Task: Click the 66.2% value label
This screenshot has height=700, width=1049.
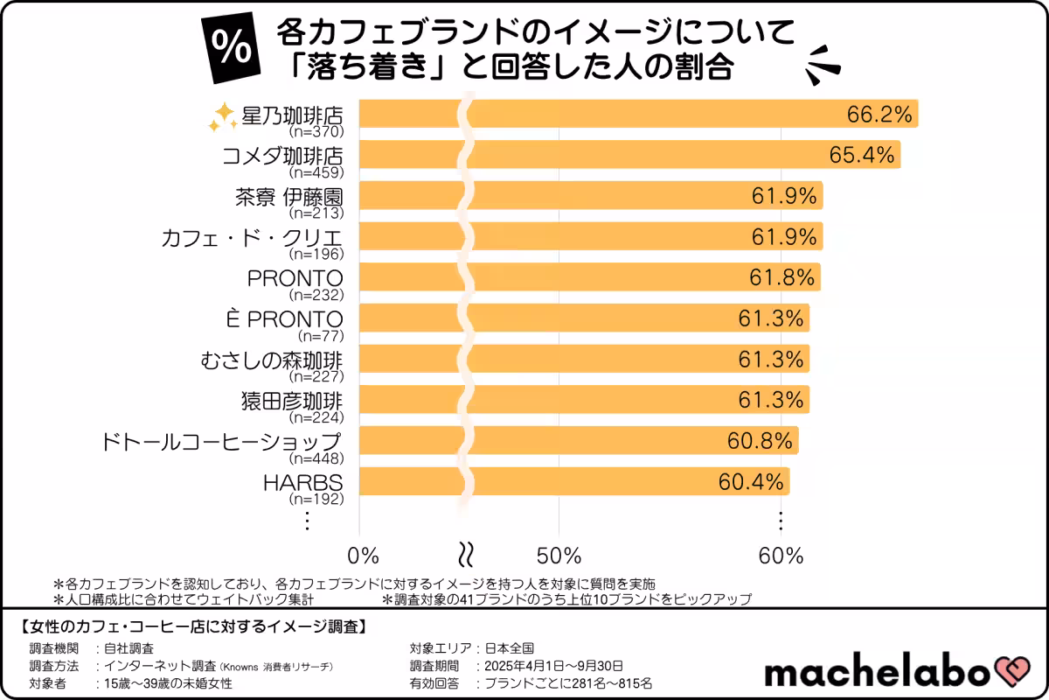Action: [879, 114]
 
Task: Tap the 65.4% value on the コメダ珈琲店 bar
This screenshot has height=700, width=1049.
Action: [862, 155]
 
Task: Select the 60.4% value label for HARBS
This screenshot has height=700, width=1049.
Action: [753, 482]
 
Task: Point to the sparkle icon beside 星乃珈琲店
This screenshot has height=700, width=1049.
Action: [222, 117]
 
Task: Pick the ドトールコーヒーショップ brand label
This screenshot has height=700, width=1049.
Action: [219, 441]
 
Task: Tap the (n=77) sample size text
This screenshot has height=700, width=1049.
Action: [321, 336]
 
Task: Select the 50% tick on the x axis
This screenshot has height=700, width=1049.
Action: [559, 556]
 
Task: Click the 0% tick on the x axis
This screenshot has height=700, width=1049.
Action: [363, 556]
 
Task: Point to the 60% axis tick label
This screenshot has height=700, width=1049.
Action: [781, 556]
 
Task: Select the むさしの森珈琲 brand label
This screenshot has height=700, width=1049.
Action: [270, 360]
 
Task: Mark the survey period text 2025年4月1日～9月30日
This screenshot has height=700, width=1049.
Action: [548, 666]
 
